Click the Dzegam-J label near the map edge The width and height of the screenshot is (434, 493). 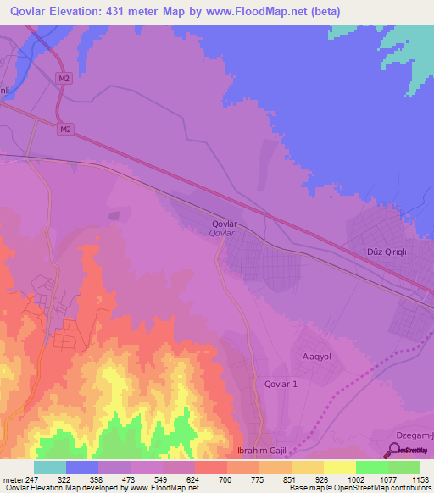415,436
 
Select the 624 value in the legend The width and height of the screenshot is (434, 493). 194,479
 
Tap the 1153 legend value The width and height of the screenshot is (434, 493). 420,479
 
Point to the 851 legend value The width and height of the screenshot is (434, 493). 291,479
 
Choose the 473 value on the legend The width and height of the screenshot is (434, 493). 130,479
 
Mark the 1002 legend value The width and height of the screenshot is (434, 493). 355,479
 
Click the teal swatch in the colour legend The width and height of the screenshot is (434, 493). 50,467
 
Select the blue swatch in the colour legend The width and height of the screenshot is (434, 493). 82,467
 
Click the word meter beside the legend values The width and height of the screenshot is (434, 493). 12,479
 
